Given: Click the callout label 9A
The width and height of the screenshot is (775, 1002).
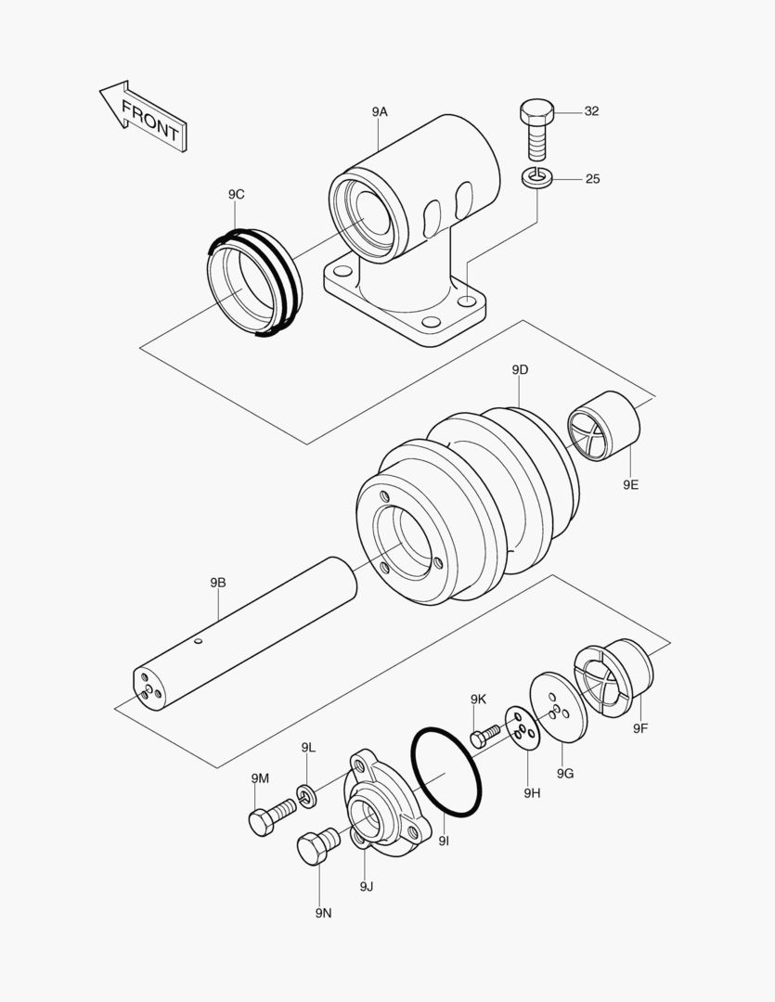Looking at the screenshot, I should click(x=379, y=111).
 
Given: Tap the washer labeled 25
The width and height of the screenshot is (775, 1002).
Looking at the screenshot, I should click(x=536, y=178).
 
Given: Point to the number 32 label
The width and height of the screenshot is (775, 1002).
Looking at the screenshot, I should click(x=591, y=111).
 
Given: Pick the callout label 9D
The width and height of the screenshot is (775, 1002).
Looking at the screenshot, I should click(x=520, y=369).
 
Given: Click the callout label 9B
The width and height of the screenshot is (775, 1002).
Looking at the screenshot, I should click(x=217, y=583).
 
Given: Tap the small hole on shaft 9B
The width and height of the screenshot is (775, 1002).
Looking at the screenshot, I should click(x=199, y=640).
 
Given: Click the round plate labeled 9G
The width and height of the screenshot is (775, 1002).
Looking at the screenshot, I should click(x=559, y=708).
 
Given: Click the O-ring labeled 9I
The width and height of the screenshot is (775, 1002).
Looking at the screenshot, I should click(x=446, y=773).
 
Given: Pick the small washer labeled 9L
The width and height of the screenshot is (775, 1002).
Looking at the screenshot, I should click(x=307, y=794).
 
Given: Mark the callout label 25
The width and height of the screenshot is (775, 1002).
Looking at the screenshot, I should click(x=591, y=178).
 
